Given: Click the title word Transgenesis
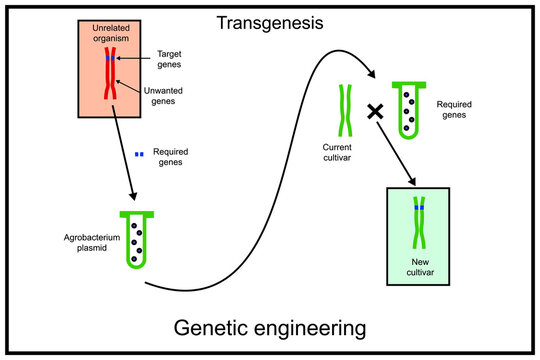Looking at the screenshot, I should tap(270, 22).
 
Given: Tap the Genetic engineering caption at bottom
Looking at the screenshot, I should tap(270, 327).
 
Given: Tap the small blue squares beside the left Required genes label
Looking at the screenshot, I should tap(140, 154).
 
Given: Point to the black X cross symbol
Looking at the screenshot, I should tap(376, 112).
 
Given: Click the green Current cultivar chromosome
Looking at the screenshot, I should tap(345, 110).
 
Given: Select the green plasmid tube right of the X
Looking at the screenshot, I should tap(409, 110).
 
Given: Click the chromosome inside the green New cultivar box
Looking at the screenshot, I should tap(421, 222).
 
